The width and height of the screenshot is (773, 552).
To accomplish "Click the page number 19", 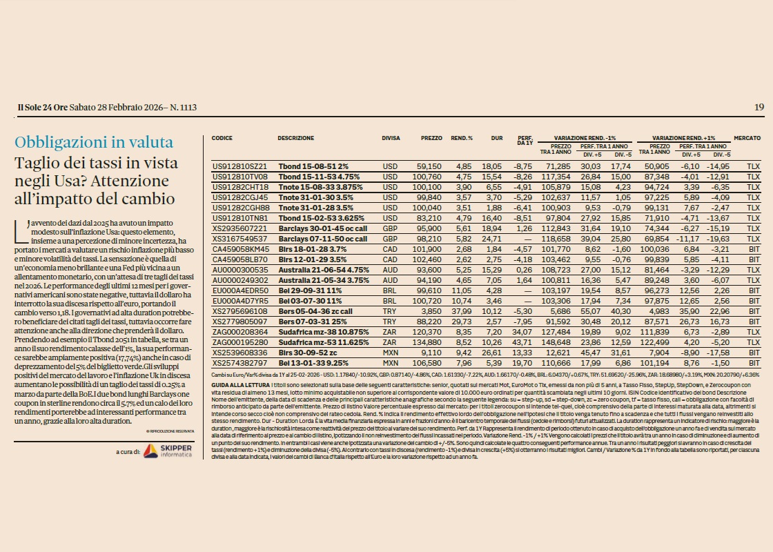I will pos(759,107).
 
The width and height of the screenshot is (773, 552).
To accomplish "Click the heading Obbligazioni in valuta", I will pos(95,143).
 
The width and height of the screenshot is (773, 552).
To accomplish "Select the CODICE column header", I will pos(222,138).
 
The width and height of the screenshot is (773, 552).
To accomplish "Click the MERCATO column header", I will pos(747,138).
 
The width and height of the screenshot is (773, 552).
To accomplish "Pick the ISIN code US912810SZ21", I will pos(239,167).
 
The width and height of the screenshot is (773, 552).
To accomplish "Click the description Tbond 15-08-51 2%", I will pos(313,167).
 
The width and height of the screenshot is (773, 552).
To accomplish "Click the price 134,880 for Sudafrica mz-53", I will pos(429,342).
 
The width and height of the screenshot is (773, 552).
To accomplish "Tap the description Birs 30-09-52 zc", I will pos(307,353).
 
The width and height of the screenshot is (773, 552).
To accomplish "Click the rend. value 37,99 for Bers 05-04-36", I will pos(462,311).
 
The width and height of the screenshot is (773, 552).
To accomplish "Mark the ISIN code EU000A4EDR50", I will pos(239,290).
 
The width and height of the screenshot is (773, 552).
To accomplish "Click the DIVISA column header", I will pos(391,138).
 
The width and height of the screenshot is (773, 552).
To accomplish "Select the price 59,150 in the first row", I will pos(429,167).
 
